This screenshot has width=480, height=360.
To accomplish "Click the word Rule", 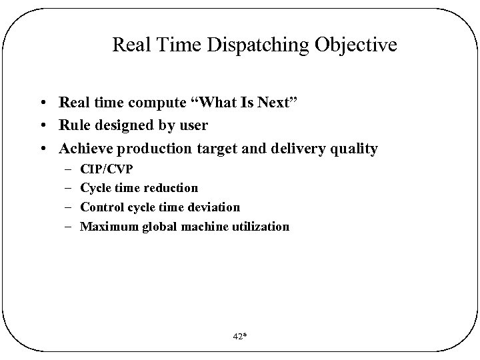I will click(74, 126).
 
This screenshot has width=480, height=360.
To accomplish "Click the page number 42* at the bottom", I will click(240, 337).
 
